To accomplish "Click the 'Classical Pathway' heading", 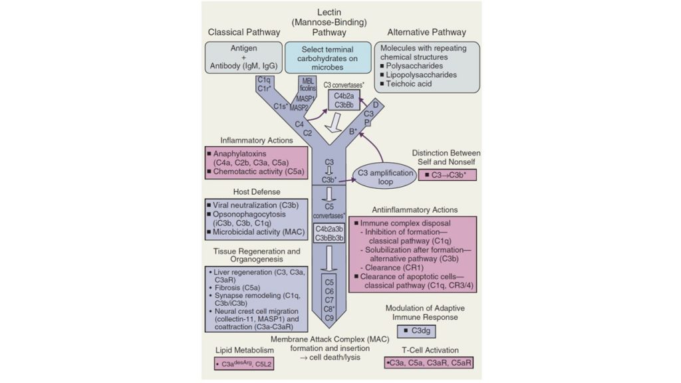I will [244, 32].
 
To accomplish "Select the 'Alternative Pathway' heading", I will [426, 32].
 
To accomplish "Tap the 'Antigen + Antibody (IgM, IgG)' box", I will [243, 57].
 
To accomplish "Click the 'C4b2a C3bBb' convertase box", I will [344, 100].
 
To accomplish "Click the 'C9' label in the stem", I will [329, 319].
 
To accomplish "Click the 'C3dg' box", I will [425, 330].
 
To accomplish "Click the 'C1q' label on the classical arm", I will [263, 78].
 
